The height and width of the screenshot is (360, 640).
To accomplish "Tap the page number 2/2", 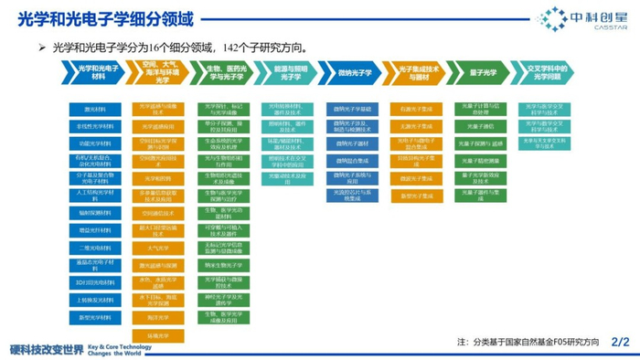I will pos(621,342).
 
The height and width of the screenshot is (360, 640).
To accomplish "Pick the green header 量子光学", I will pos(483,73).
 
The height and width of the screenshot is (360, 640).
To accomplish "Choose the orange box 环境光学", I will pos(158,335).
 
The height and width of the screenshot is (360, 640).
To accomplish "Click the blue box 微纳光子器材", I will pos(353,143).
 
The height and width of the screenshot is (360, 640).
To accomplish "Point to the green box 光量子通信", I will pos(482,126).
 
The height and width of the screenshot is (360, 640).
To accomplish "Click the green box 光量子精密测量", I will pos(482,161).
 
